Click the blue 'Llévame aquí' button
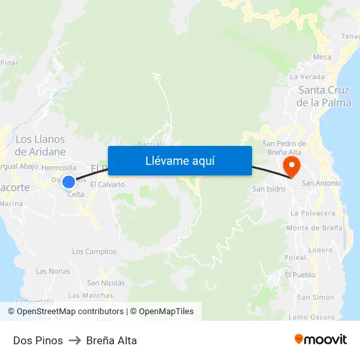[x=179, y=160]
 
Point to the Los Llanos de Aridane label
[x=41, y=145]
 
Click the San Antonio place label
[x=321, y=183]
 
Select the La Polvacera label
[x=313, y=213]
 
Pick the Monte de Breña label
[x=314, y=228]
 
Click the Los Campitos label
[x=94, y=251]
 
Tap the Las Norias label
[x=53, y=271]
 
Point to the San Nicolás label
[x=106, y=283]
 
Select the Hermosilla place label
[x=58, y=168]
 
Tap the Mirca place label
[x=322, y=57]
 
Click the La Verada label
[x=307, y=77]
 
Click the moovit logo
[x=320, y=340]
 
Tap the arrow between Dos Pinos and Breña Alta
[x=73, y=340]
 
